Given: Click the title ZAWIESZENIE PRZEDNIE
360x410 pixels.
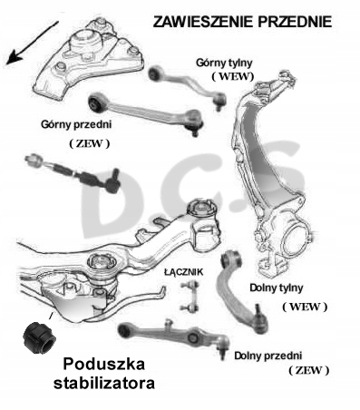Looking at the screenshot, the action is pos(242,22).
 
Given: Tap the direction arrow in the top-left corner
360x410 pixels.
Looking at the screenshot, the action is pos(32,43).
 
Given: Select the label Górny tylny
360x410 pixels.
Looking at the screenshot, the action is pos(224,63).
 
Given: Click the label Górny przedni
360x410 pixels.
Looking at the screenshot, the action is pos(76,124).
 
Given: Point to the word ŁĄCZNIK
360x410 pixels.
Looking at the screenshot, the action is pos(183,272).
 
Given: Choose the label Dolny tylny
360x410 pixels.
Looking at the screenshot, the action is pos(276,288).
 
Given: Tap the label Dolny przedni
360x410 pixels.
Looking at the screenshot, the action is pos(268,356).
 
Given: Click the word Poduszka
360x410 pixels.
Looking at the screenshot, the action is pos(103,364).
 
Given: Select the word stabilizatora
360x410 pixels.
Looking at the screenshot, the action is pos(104,384).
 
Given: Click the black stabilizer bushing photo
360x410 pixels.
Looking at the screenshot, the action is pos(39,337).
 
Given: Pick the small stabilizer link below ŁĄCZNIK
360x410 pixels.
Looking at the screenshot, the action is pos(190,297).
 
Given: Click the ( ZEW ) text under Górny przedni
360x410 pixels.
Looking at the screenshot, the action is pos(90,143).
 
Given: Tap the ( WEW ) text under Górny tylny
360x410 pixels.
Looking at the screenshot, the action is pos(232,77).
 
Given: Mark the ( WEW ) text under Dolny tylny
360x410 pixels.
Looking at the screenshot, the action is pos(305,307).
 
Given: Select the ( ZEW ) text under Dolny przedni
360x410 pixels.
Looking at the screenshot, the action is pos(308,370).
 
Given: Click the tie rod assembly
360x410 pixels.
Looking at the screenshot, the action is pos(73,173).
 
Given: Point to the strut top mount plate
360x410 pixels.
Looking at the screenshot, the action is pos(89,58).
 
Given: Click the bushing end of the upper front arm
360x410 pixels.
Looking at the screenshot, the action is pos(97,102).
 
